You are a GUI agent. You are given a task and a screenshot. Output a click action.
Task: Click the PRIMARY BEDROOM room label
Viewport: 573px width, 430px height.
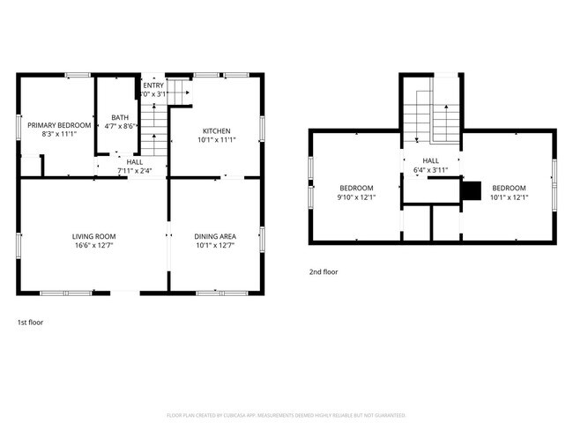coord(59,125)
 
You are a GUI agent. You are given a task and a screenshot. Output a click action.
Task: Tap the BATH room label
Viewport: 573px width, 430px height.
coord(119,117)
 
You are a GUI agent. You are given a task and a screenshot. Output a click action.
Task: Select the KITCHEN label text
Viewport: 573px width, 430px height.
coord(216,130)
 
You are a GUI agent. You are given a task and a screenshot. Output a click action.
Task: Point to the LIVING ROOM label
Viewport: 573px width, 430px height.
coord(93,236)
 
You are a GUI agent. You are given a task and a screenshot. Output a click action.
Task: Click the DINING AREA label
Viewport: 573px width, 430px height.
coord(215,236)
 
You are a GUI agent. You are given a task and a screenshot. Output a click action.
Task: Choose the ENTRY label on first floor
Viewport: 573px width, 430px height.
coord(153,85)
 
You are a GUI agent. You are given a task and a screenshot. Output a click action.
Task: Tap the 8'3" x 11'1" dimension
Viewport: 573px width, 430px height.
coord(59,135)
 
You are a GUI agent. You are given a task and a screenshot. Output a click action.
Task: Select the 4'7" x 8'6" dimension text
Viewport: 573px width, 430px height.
coord(119,126)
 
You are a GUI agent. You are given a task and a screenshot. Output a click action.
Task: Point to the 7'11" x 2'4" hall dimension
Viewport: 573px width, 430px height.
coord(134,170)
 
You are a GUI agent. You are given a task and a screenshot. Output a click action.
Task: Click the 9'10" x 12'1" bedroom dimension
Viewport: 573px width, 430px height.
coord(357,197)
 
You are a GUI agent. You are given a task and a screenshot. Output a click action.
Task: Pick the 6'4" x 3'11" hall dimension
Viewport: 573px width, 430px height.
coord(432,170)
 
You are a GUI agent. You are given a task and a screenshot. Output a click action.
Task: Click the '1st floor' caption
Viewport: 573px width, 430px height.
coord(30,322)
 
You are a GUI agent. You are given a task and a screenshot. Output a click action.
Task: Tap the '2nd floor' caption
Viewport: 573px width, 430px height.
coord(323,272)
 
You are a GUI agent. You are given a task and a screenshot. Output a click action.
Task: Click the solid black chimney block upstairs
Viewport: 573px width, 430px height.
coord(472,190)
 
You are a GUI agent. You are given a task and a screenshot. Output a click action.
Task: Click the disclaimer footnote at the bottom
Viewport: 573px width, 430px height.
coord(286,414)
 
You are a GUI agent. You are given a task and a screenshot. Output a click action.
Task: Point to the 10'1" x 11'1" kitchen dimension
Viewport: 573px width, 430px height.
coord(216,139)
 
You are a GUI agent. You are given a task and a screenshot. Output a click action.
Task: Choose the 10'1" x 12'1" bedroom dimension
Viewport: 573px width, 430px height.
coord(509,197)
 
